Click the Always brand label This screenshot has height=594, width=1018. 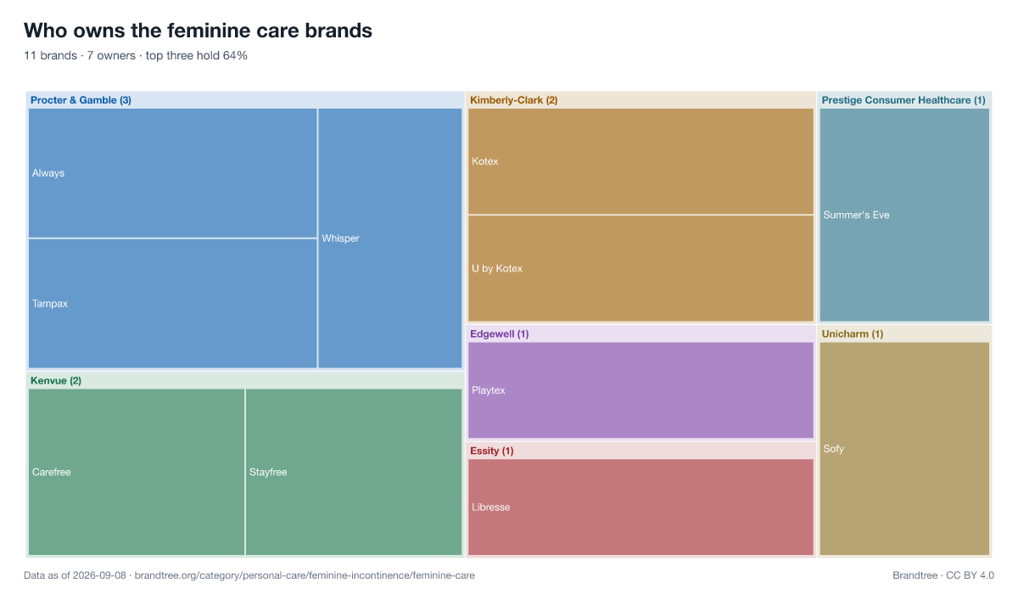(48, 173)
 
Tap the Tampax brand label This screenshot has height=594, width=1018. (50, 304)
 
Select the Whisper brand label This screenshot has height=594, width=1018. (340, 238)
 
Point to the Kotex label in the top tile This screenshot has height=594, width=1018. (485, 161)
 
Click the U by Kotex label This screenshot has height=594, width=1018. (497, 269)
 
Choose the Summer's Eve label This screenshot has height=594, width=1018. (856, 215)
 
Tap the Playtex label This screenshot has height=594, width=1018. (488, 390)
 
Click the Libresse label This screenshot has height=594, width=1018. (491, 507)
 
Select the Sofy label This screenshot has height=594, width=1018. (833, 449)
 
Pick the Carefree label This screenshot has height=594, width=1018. (52, 472)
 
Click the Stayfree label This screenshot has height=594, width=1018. (268, 472)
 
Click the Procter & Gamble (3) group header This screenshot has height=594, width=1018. (81, 100)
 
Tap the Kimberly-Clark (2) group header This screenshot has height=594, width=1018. (513, 100)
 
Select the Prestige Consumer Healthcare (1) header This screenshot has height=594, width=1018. (903, 100)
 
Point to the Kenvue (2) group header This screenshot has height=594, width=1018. (56, 381)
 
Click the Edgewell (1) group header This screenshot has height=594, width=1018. (500, 334)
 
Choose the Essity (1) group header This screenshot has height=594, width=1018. (492, 451)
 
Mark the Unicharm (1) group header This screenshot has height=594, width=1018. (853, 334)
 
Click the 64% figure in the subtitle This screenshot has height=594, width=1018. (235, 55)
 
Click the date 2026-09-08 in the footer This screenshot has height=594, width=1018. (99, 575)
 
